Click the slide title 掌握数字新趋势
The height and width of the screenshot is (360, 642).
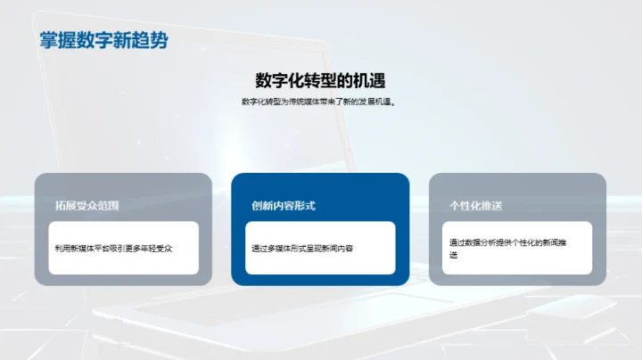103,40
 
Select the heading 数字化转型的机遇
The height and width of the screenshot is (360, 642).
320,80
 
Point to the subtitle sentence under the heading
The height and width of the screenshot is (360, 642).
318,102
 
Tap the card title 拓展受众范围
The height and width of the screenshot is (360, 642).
86,206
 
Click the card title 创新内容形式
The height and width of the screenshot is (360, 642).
284,206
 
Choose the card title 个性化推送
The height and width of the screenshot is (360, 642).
476,206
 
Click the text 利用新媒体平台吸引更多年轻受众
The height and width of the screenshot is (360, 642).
113,248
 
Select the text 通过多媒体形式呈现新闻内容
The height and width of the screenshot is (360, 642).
302,248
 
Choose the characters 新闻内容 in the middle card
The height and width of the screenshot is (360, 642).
338,248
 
